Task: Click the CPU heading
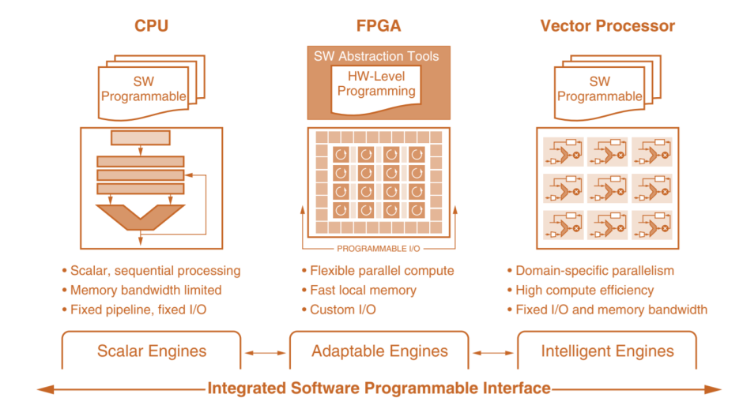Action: (151, 25)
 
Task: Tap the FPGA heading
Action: (379, 25)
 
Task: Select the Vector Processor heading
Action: (608, 25)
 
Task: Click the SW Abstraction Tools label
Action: (376, 56)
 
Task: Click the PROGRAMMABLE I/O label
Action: (378, 249)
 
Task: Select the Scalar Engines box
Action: (151, 351)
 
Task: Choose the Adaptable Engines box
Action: (379, 351)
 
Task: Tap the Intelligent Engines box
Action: (607, 351)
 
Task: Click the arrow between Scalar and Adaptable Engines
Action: (266, 353)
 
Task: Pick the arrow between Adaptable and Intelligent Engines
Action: (493, 353)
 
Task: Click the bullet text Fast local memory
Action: (363, 291)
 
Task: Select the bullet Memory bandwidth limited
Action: (146, 291)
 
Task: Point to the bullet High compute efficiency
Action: (585, 291)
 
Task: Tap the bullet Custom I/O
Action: (342, 310)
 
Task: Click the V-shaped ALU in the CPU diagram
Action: (140, 217)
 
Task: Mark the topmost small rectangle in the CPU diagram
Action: (140, 137)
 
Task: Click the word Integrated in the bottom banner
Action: (247, 388)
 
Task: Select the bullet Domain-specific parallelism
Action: (594, 271)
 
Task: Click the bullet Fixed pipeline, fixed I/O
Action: (138, 310)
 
